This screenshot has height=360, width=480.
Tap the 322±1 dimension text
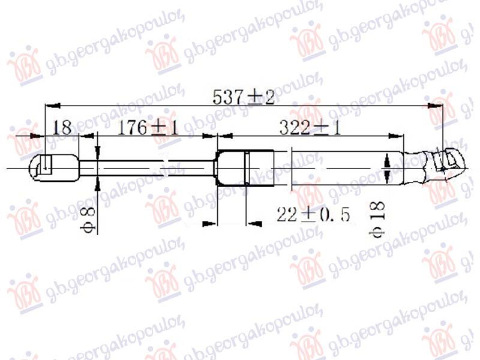click(310, 128)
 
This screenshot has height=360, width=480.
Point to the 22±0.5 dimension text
click(313, 214)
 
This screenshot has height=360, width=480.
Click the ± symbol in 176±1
click(157, 128)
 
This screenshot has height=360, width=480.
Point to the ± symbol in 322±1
click(320, 128)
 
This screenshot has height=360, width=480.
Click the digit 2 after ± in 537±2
click(268, 97)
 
